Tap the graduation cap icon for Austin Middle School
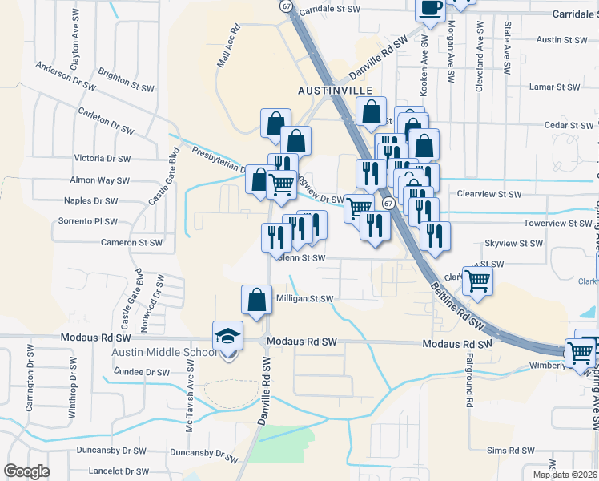[228, 337]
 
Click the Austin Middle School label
[165, 353]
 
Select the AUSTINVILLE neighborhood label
[336, 90]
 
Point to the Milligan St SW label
[304, 298]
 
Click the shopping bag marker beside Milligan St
[256, 301]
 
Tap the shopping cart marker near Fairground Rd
[477, 281]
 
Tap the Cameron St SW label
[131, 242]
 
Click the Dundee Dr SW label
[142, 372]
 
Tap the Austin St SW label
[561, 39]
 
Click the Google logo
[26, 471]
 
